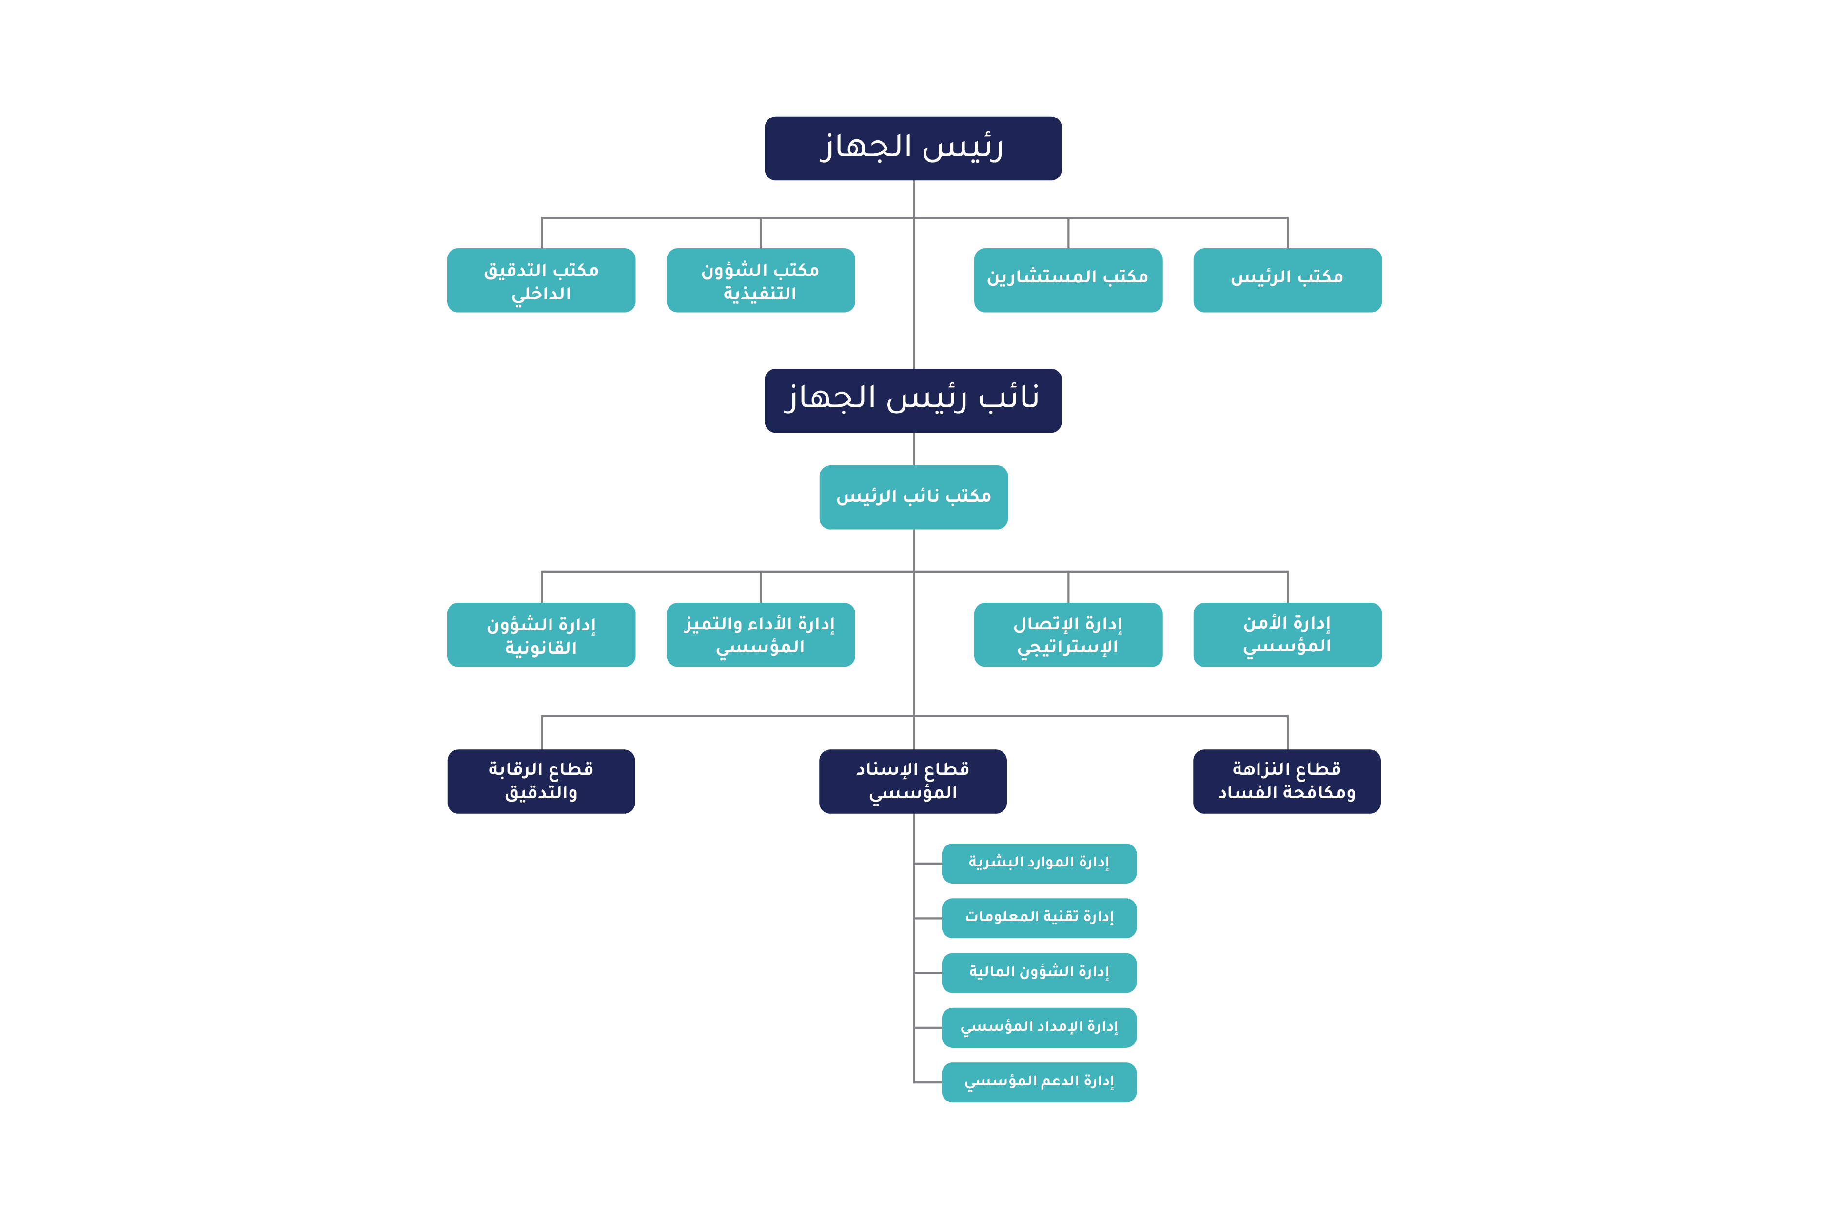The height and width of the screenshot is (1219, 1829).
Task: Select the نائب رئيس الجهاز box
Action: pyautogui.click(x=913, y=400)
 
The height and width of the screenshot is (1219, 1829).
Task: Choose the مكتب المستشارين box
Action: pyautogui.click(x=1067, y=280)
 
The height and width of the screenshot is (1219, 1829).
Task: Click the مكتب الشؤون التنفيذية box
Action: pyautogui.click(x=760, y=280)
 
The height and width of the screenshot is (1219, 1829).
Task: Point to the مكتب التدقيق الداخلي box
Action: pyautogui.click(x=541, y=280)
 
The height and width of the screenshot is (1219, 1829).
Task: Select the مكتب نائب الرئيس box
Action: pyautogui.click(x=913, y=497)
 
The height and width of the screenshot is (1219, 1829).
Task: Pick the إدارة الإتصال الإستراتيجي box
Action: pyautogui.click(x=1067, y=634)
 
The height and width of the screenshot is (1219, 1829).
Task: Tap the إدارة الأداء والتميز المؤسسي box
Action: pyautogui.click(x=760, y=634)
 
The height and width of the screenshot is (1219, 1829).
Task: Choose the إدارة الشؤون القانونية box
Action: pyautogui.click(x=541, y=634)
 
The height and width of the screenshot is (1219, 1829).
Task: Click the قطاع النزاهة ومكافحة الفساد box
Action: pyautogui.click(x=1286, y=781)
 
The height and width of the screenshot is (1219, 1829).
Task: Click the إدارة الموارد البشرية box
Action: pyautogui.click(x=1039, y=863)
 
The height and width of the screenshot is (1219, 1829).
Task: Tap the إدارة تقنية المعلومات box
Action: pyautogui.click(x=1039, y=917)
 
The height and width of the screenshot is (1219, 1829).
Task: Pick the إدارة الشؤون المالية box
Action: pyautogui.click(x=1039, y=973)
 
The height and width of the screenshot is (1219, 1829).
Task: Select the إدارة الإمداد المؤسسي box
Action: pyautogui.click(x=1039, y=1027)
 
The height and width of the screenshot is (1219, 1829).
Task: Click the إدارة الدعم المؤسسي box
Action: pyautogui.click(x=1039, y=1082)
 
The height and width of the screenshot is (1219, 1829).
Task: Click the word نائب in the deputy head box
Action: pyautogui.click(x=1008, y=398)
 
